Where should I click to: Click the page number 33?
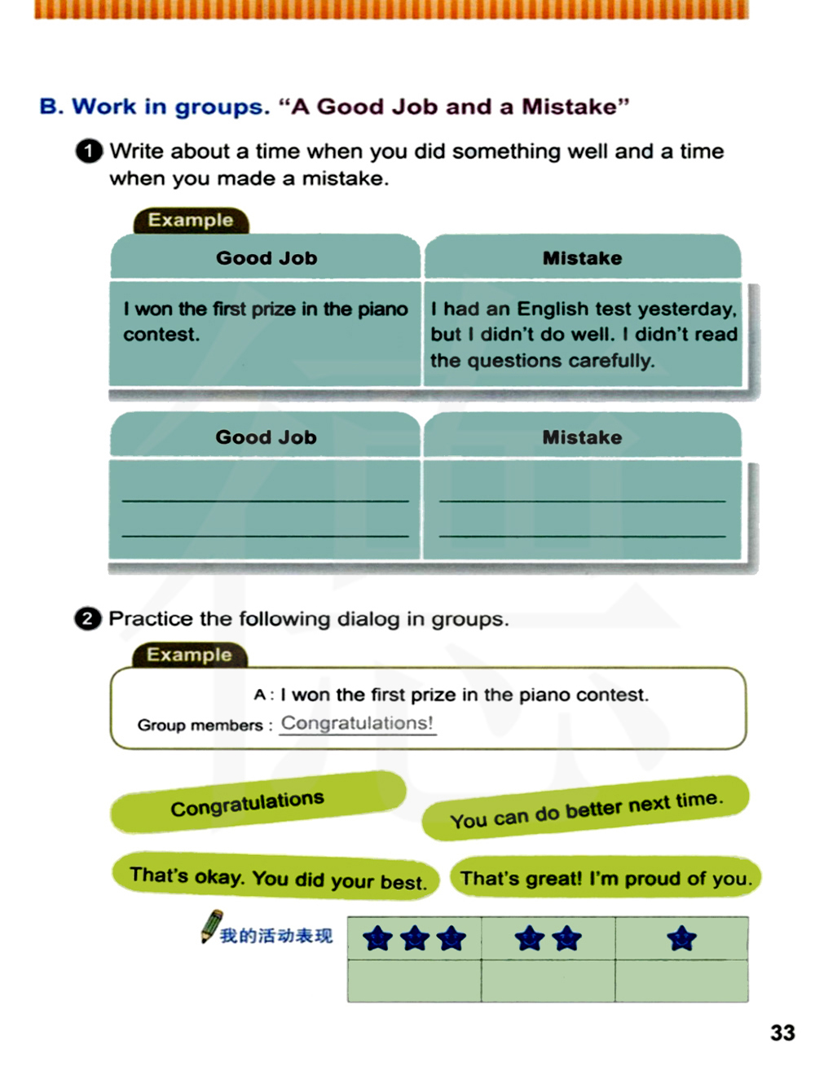pos(782,1033)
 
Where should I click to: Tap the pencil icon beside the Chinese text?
pos(212,926)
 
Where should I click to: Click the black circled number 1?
pos(89,151)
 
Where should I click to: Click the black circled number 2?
pos(87,619)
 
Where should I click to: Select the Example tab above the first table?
pos(191,220)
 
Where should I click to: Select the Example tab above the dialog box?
pos(189,655)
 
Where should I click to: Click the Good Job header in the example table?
pos(266,258)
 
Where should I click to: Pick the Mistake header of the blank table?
pos(582,437)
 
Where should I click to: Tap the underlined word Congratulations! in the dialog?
pos(357,723)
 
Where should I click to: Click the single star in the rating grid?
pos(681,939)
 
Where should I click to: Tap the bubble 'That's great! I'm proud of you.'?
pos(605,878)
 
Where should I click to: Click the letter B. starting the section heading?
pos(51,107)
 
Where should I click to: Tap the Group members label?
pos(200,725)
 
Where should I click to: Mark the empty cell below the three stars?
pos(414,981)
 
